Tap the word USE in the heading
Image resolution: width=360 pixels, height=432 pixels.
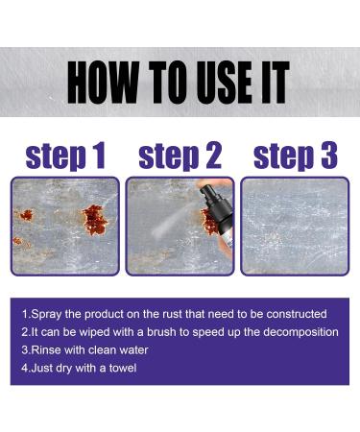click(x=224, y=83)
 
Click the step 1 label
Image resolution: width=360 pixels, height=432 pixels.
click(x=65, y=156)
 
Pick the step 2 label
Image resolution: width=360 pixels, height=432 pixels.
click(x=180, y=156)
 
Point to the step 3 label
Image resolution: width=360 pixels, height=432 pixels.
click(x=296, y=156)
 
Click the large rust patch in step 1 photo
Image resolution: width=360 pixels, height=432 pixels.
click(x=94, y=220)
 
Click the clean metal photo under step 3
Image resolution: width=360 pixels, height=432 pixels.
click(x=295, y=226)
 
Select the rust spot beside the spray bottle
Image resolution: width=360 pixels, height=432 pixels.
click(x=208, y=222)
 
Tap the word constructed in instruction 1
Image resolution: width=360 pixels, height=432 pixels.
click(x=297, y=314)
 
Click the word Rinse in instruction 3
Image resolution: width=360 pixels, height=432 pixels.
click(x=46, y=349)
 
